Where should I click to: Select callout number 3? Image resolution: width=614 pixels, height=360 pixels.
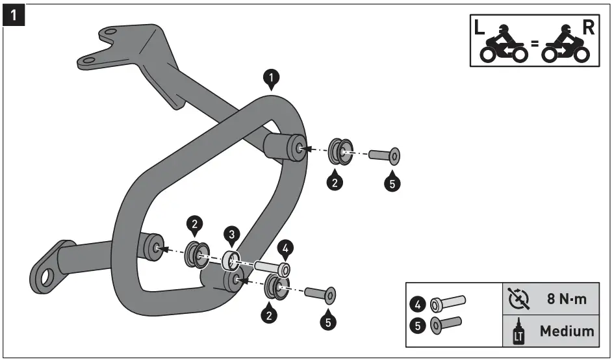click(x=231, y=234)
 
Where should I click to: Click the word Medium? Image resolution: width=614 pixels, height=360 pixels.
click(x=567, y=331)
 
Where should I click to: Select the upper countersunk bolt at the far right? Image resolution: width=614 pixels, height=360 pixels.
click(x=384, y=157)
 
